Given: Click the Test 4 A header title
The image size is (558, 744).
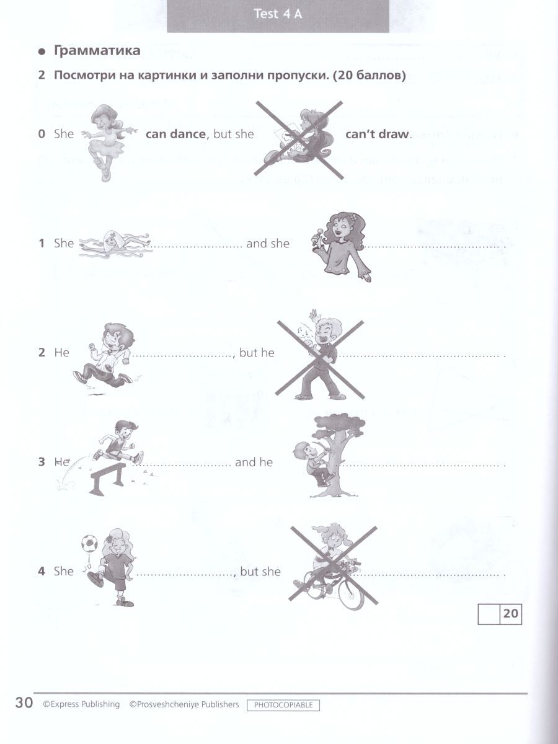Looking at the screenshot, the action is click(278, 14).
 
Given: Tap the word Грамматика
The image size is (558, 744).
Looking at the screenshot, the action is click(97, 51).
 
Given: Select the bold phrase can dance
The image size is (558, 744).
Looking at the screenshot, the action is click(175, 134).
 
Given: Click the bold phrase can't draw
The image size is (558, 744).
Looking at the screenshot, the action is click(377, 134).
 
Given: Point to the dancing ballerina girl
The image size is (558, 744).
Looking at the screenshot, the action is click(108, 143).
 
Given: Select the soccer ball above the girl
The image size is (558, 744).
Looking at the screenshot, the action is click(89, 543).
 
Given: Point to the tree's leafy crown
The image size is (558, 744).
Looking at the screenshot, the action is click(340, 424).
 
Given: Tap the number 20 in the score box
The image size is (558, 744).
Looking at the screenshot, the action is click(510, 614).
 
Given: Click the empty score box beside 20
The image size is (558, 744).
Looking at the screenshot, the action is click(489, 614).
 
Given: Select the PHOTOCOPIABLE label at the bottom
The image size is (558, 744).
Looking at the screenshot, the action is click(283, 705).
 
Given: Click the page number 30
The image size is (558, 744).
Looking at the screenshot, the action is click(24, 702).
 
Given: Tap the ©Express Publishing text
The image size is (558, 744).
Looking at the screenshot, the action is click(81, 704).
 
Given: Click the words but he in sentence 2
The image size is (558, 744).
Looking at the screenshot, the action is click(257, 353).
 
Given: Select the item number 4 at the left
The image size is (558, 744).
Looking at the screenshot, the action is click(42, 571).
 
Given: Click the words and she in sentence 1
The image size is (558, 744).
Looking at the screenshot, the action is click(268, 244).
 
